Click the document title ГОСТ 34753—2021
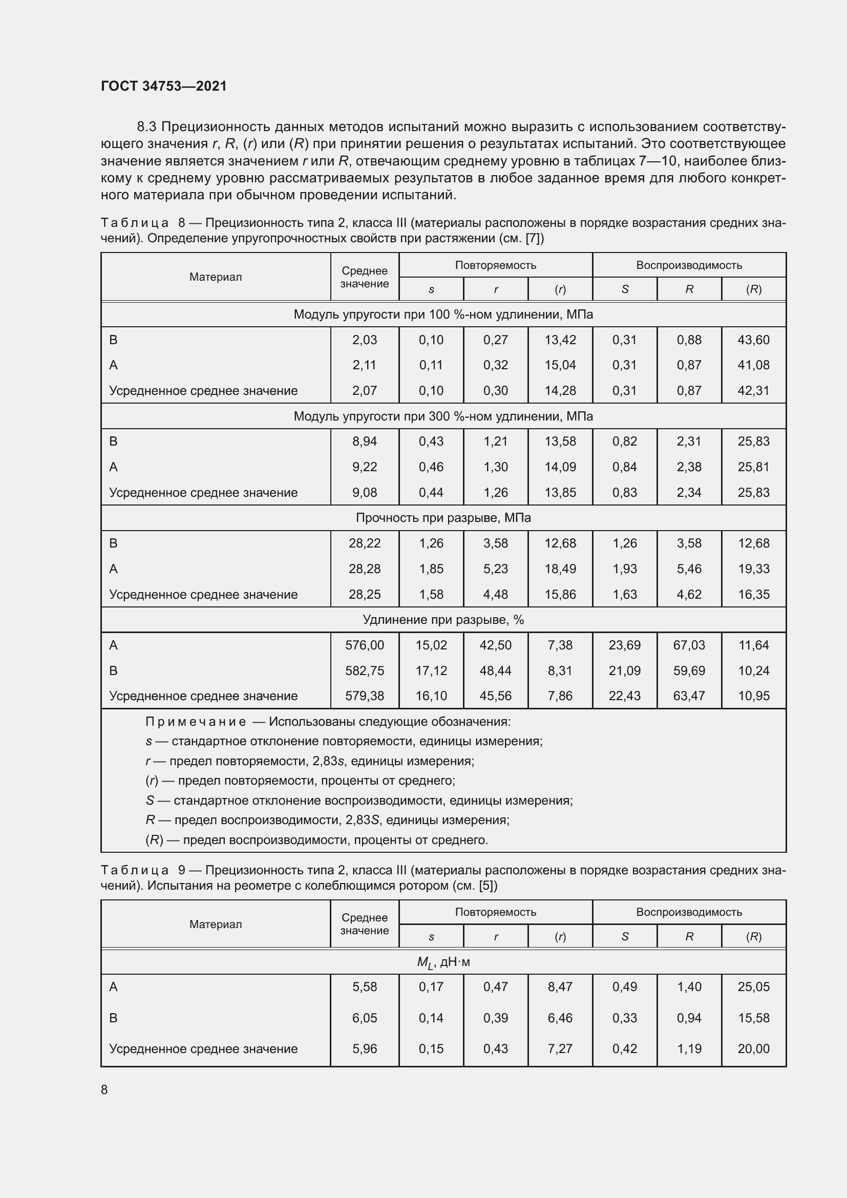point(164,86)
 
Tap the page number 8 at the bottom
point(104,1089)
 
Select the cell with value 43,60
point(753,340)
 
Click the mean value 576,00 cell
point(364,645)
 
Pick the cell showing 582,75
point(364,671)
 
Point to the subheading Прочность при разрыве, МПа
point(443,518)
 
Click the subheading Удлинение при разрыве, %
point(443,620)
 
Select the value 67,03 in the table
point(688,645)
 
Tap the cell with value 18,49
point(560,569)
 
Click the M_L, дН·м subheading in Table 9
point(443,962)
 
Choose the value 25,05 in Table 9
point(753,987)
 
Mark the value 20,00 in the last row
point(753,1049)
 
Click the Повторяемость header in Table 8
point(496,265)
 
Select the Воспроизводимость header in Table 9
point(688,912)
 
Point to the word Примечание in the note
point(196,722)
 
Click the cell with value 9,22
point(364,467)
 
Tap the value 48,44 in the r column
point(496,671)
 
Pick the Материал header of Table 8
point(216,277)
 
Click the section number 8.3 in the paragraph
point(147,127)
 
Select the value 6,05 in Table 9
point(364,1018)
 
